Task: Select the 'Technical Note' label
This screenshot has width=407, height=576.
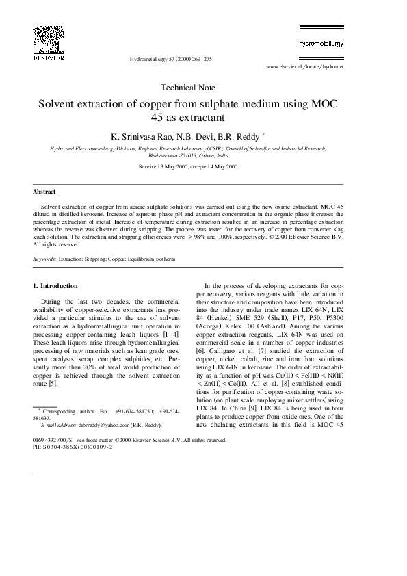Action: [187, 88]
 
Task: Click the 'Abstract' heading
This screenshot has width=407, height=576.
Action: [44, 192]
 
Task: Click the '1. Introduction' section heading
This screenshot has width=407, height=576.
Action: [55, 285]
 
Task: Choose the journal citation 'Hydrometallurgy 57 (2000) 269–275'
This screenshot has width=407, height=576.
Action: [170, 60]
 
